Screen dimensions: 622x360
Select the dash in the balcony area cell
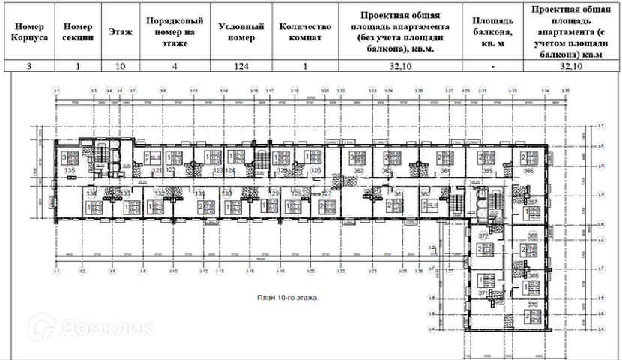(x=493, y=67)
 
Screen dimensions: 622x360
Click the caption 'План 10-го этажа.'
(x=287, y=297)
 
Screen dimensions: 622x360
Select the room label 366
(x=528, y=172)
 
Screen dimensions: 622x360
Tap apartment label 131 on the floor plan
(x=201, y=193)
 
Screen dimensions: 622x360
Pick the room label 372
(x=483, y=236)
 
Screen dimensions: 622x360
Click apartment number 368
(x=533, y=235)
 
